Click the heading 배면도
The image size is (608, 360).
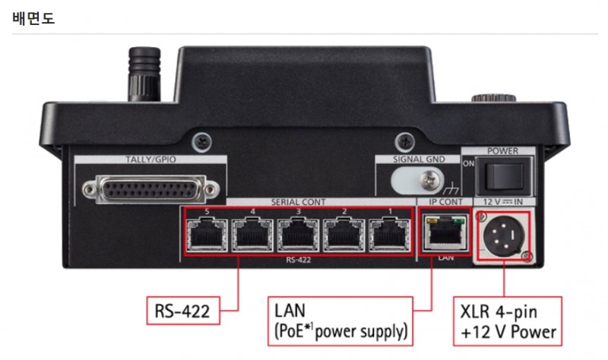(33, 17)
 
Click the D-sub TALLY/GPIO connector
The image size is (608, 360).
(150, 185)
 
